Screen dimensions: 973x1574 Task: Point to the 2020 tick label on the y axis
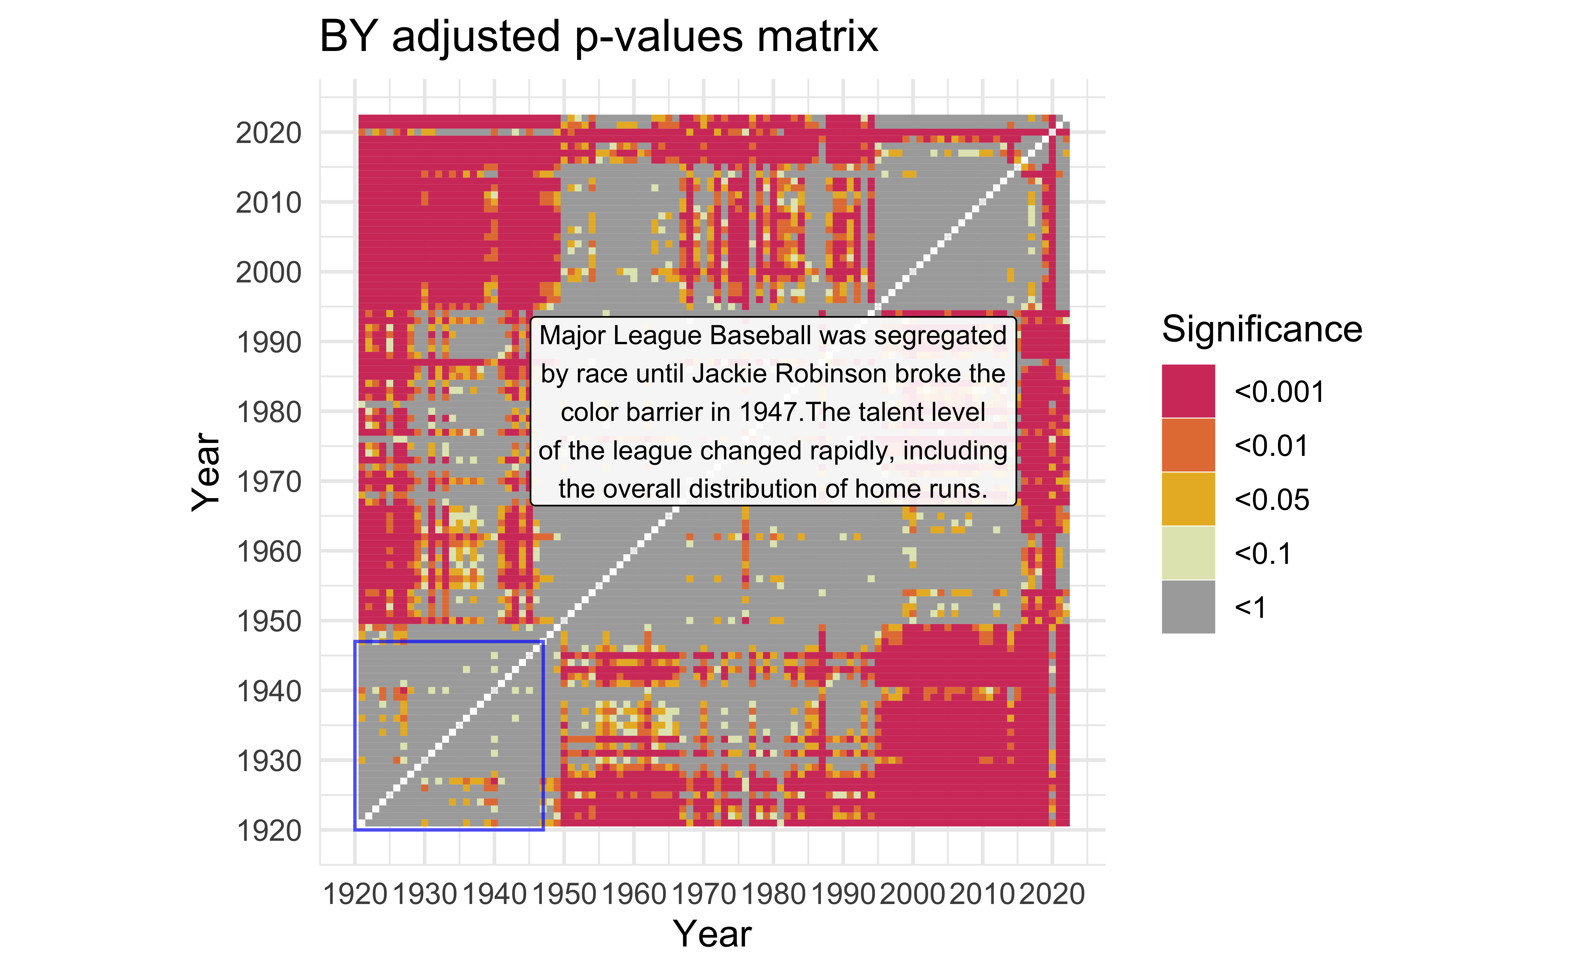click(268, 133)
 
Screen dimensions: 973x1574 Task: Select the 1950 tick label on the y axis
click(268, 622)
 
